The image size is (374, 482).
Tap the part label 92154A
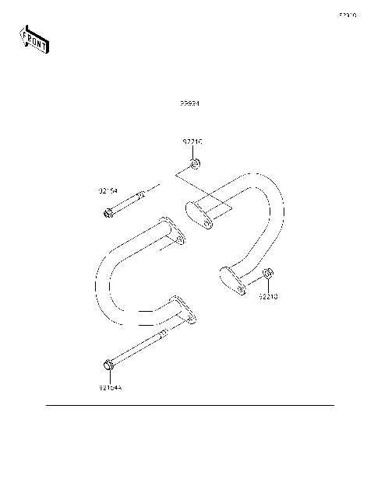coord(111,387)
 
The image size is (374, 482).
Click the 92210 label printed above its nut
coord(192,142)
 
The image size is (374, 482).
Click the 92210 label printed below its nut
coord(268,296)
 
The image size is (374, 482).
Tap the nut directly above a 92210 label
coord(267,274)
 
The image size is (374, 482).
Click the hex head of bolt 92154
coord(108,212)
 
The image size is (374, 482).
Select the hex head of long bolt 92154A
coord(108,363)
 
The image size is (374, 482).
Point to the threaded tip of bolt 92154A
coord(165,334)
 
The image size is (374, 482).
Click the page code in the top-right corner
coord(347,15)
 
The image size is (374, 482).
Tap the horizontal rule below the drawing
coord(189,405)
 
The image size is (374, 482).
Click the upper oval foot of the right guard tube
coord(200,215)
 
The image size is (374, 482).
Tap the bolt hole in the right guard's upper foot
coord(207,223)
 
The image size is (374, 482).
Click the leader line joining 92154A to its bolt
coord(108,376)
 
